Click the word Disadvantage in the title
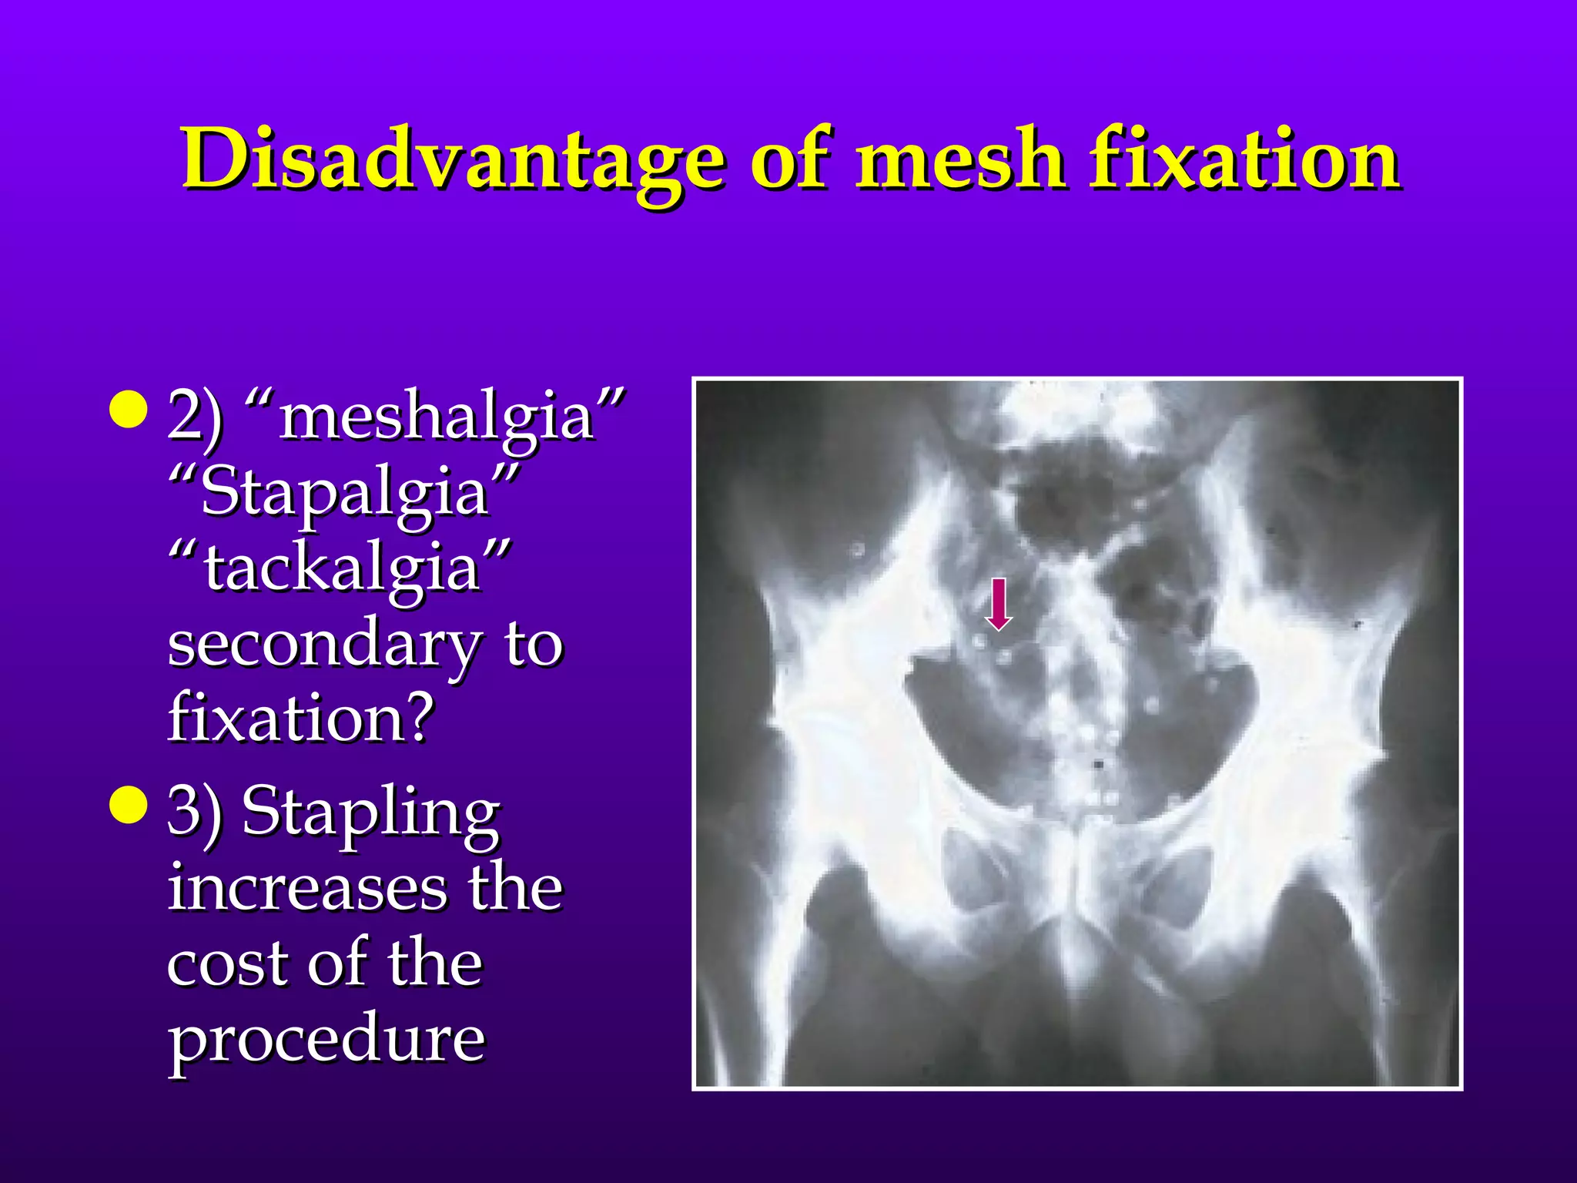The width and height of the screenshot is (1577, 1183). coord(453,160)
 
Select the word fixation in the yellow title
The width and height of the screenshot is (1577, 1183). coord(1244,160)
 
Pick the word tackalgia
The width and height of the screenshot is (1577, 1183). coord(342,567)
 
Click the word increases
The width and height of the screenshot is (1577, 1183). coord(306,887)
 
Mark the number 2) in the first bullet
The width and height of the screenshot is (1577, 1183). coord(195,416)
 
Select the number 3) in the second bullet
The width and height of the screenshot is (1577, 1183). coord(195,812)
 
